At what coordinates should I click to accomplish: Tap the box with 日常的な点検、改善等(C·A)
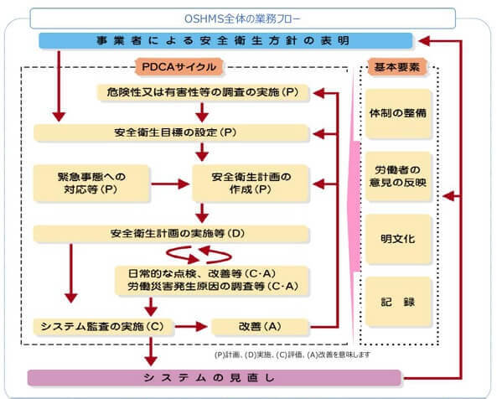pos(211,279)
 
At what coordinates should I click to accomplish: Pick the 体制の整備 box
pos(398,112)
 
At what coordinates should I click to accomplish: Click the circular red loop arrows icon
pos(199,251)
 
